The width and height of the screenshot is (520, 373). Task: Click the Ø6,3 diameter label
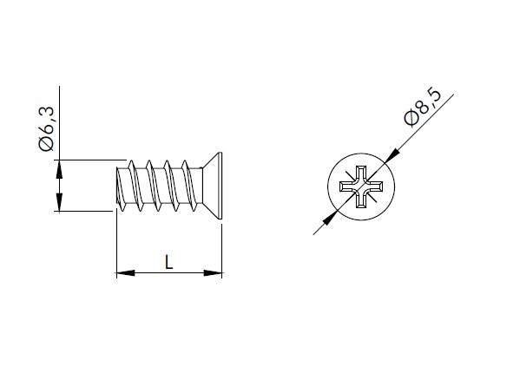[46, 128]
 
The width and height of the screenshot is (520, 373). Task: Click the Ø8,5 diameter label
[423, 107]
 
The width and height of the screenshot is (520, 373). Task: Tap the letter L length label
[169, 262]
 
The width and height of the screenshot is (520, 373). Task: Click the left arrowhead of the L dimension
[126, 273]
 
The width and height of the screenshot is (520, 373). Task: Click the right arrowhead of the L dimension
[213, 273]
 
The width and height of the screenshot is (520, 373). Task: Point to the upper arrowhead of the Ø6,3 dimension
[59, 169]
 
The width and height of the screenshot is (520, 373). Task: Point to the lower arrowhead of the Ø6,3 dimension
[59, 202]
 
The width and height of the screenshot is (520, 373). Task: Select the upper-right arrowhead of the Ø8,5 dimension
[392, 156]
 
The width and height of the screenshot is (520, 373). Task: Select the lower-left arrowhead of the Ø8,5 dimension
[330, 218]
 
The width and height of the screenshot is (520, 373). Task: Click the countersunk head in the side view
[212, 186]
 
